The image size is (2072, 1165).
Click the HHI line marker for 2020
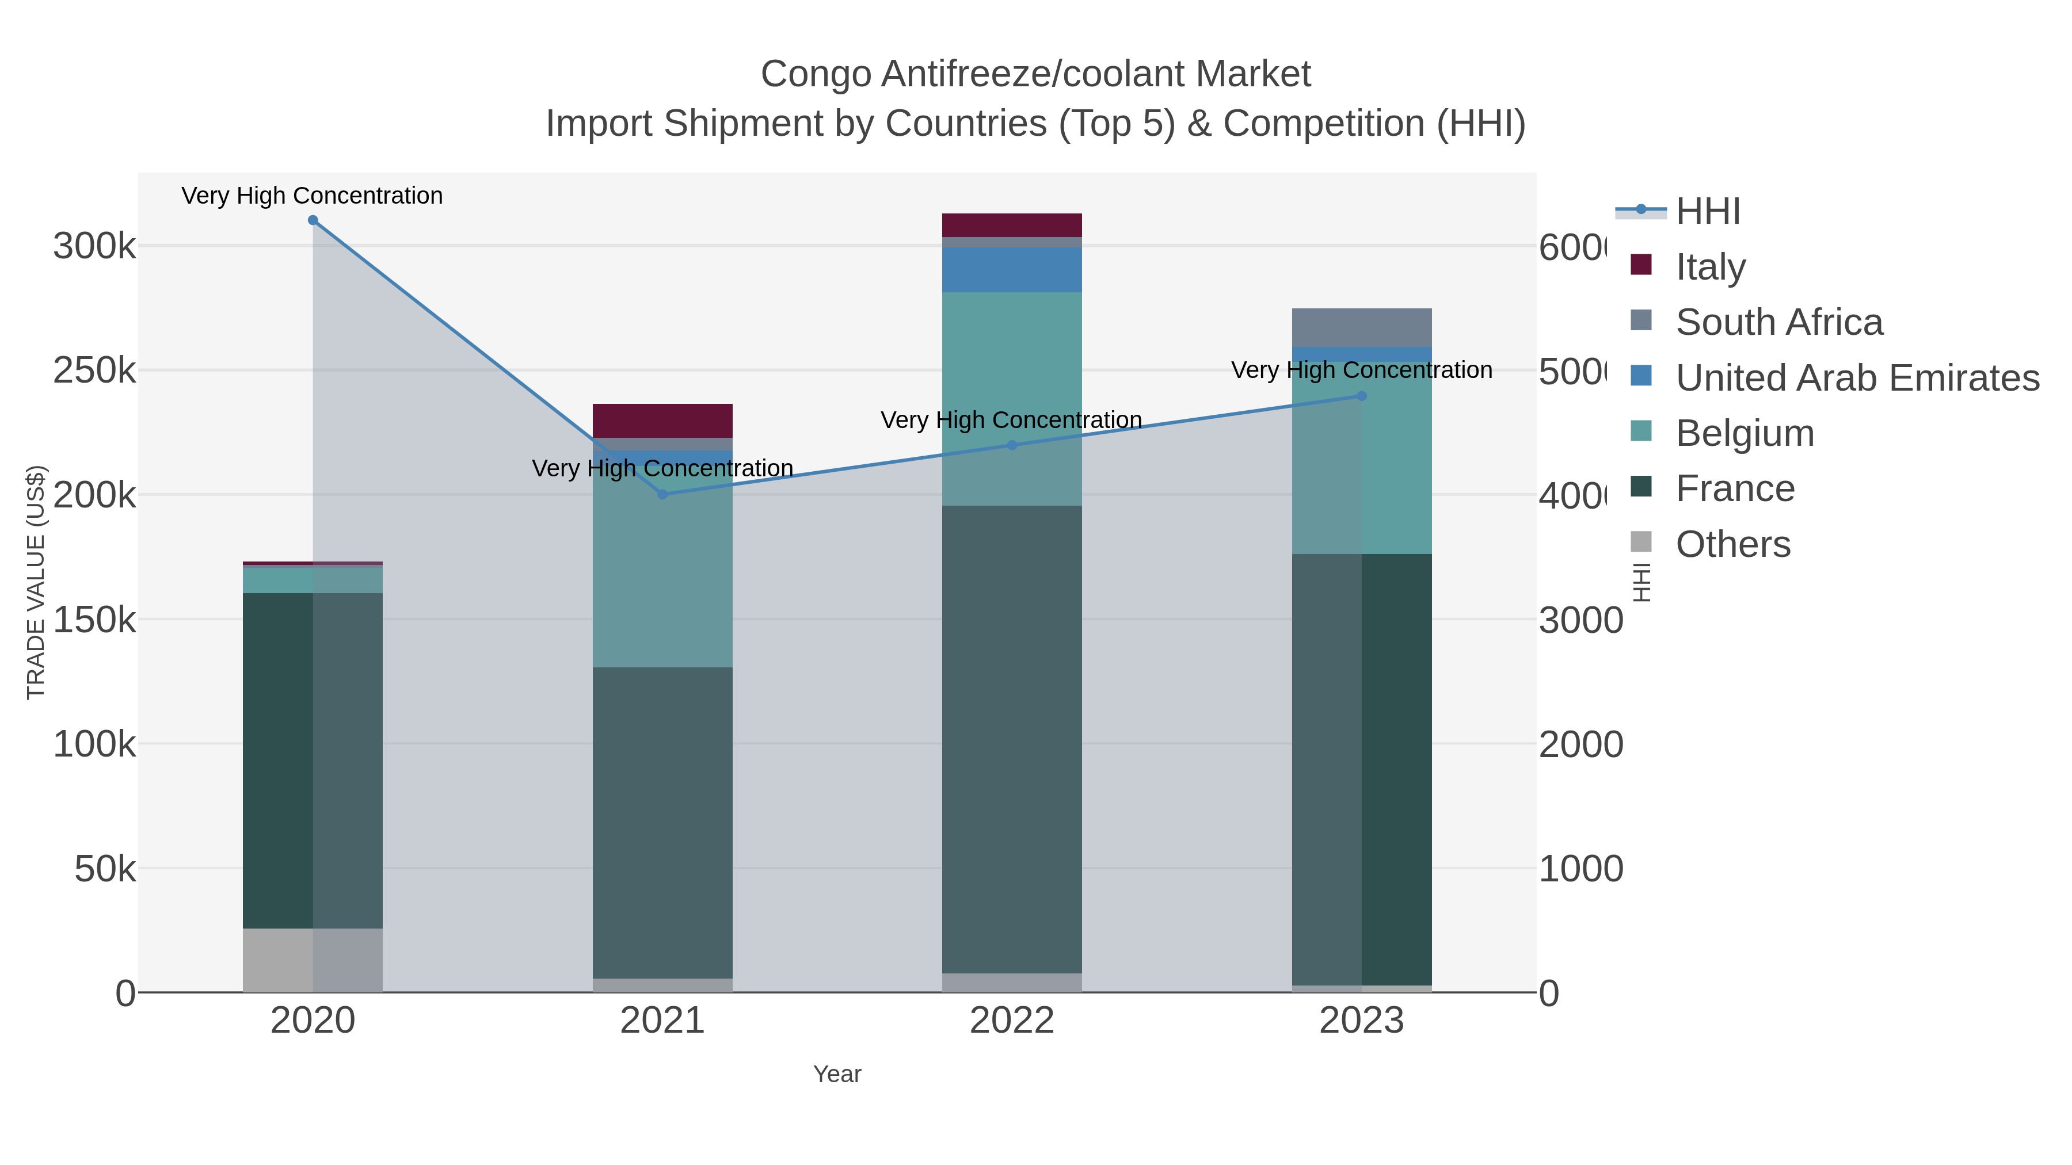click(313, 220)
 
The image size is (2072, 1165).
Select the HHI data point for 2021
click(663, 494)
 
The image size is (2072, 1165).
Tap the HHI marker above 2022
click(1012, 445)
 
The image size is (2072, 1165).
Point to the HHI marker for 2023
click(1362, 396)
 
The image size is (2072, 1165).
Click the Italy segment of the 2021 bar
click(663, 421)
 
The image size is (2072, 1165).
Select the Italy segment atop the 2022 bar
click(1012, 225)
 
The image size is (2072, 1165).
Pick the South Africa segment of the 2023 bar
click(1362, 327)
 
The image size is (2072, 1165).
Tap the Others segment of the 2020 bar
click(313, 960)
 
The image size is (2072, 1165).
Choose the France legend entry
click(1735, 489)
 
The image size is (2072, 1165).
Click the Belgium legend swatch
click(1641, 431)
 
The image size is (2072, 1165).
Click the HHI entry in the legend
click(1708, 212)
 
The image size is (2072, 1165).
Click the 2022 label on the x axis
click(1012, 1021)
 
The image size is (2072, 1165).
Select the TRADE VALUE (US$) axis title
click(36, 582)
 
